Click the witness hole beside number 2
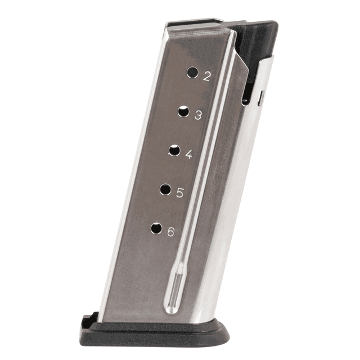click(x=192, y=73)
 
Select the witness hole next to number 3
click(x=183, y=111)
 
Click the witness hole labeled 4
click(x=174, y=150)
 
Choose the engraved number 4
click(x=188, y=155)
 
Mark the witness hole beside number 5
click(x=165, y=189)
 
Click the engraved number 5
click(x=180, y=193)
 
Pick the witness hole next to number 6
click(x=156, y=228)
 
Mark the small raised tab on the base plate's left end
click(x=86, y=321)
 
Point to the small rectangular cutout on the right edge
click(x=260, y=98)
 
